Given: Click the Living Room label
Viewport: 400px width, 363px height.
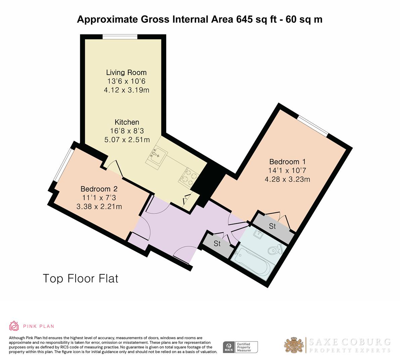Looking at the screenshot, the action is [x=126, y=73].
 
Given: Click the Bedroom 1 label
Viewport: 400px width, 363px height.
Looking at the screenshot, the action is [x=287, y=162].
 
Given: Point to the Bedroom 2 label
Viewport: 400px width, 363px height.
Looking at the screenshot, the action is [x=99, y=189].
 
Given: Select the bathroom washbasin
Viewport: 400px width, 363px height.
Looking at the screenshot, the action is [x=259, y=233].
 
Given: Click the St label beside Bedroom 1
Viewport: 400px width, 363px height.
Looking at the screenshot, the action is [x=272, y=226].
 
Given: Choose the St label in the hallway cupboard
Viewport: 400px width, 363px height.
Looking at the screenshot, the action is [x=217, y=244].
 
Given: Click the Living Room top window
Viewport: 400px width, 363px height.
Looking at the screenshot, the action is [x=120, y=37].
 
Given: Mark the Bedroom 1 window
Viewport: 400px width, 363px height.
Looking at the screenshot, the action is [x=313, y=126].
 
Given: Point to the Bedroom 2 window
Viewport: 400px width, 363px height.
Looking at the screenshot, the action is [x=63, y=165].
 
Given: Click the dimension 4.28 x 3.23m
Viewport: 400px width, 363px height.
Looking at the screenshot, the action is [x=287, y=179].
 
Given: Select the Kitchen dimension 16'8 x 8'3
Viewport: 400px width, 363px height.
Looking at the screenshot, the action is [x=127, y=131].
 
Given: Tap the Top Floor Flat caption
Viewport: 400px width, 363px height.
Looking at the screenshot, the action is [x=81, y=279].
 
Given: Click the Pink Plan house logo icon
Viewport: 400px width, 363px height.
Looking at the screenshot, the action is [x=14, y=326].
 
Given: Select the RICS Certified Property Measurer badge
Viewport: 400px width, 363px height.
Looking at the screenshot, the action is [x=240, y=347].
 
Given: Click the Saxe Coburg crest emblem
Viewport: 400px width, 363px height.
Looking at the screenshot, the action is [x=294, y=345].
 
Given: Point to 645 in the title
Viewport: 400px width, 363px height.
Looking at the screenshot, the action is [x=245, y=19].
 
